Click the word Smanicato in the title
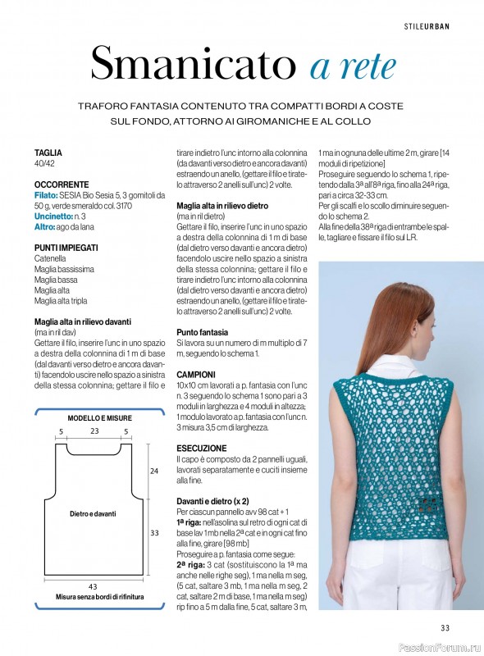194,62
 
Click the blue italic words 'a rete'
354,65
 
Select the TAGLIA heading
48,153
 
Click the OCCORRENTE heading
60,186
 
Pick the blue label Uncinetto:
53,216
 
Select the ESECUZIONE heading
201,449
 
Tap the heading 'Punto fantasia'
203,331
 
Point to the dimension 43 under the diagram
92,585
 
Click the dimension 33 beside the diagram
154,531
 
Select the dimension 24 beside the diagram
154,471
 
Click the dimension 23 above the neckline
94,430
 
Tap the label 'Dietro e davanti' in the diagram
93,513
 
